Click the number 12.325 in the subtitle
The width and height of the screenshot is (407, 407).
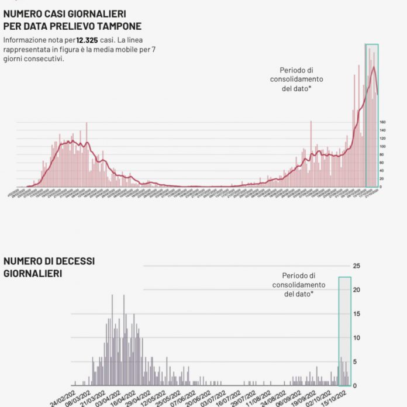pyautogui.click(x=88, y=40)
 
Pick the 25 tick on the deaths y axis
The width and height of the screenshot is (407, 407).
pyautogui.click(x=357, y=266)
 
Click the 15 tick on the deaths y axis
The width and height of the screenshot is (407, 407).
pyautogui.click(x=357, y=314)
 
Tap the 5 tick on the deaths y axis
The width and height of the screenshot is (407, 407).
pyautogui.click(x=355, y=361)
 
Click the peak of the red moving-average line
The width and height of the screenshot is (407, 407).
pyautogui.click(x=373, y=67)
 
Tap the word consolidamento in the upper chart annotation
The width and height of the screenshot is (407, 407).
pyautogui.click(x=297, y=79)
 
